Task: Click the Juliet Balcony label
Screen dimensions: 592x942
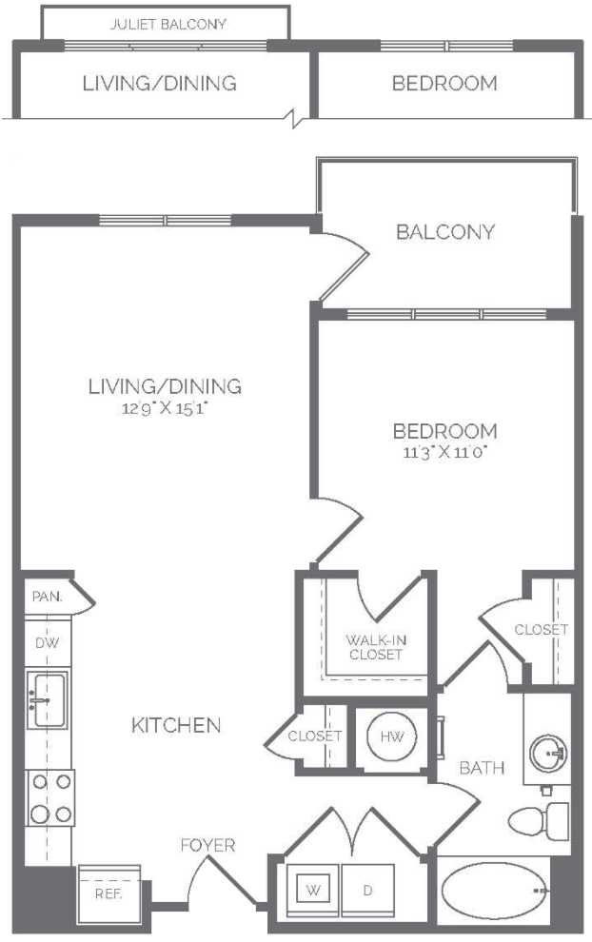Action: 168,25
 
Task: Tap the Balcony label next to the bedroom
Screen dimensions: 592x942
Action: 445,232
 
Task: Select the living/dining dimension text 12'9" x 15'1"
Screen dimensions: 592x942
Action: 165,408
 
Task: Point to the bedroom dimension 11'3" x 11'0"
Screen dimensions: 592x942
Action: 444,452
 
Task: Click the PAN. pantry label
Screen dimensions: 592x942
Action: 47,597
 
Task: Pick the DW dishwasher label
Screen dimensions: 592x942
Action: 47,643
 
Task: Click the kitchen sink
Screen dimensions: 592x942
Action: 48,699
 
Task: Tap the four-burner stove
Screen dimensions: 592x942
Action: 50,798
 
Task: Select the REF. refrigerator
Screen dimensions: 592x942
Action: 109,893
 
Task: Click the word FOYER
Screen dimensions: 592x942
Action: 207,845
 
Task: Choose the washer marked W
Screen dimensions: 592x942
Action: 313,890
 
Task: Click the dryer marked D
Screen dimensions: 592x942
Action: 367,890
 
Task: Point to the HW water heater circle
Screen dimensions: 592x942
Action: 391,736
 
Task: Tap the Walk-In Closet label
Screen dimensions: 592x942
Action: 376,647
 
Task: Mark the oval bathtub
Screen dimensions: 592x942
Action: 495,893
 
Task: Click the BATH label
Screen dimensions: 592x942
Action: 482,768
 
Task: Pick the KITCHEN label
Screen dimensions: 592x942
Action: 176,725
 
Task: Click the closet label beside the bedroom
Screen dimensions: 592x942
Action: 541,630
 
